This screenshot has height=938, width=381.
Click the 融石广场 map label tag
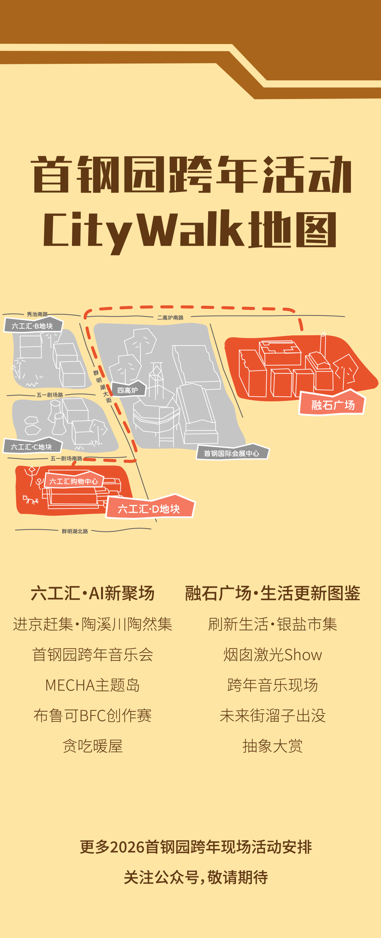(332, 404)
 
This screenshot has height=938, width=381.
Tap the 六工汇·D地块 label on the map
(149, 508)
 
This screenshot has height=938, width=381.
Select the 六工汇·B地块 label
(32, 325)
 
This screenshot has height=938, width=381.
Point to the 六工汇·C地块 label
(32, 446)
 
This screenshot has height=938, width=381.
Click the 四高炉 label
(127, 390)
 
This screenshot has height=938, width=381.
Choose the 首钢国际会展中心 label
(232, 453)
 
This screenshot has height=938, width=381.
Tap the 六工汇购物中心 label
(74, 481)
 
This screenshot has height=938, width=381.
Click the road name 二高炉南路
(170, 317)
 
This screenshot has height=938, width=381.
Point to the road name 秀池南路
(37, 314)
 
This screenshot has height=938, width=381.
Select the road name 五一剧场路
(50, 395)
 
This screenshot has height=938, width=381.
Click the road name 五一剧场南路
(66, 458)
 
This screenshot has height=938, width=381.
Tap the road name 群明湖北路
(75, 531)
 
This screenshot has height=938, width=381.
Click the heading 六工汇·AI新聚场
(92, 593)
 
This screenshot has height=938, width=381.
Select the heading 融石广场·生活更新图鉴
(272, 593)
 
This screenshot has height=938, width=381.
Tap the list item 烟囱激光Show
(272, 655)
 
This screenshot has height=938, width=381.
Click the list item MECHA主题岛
(92, 685)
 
